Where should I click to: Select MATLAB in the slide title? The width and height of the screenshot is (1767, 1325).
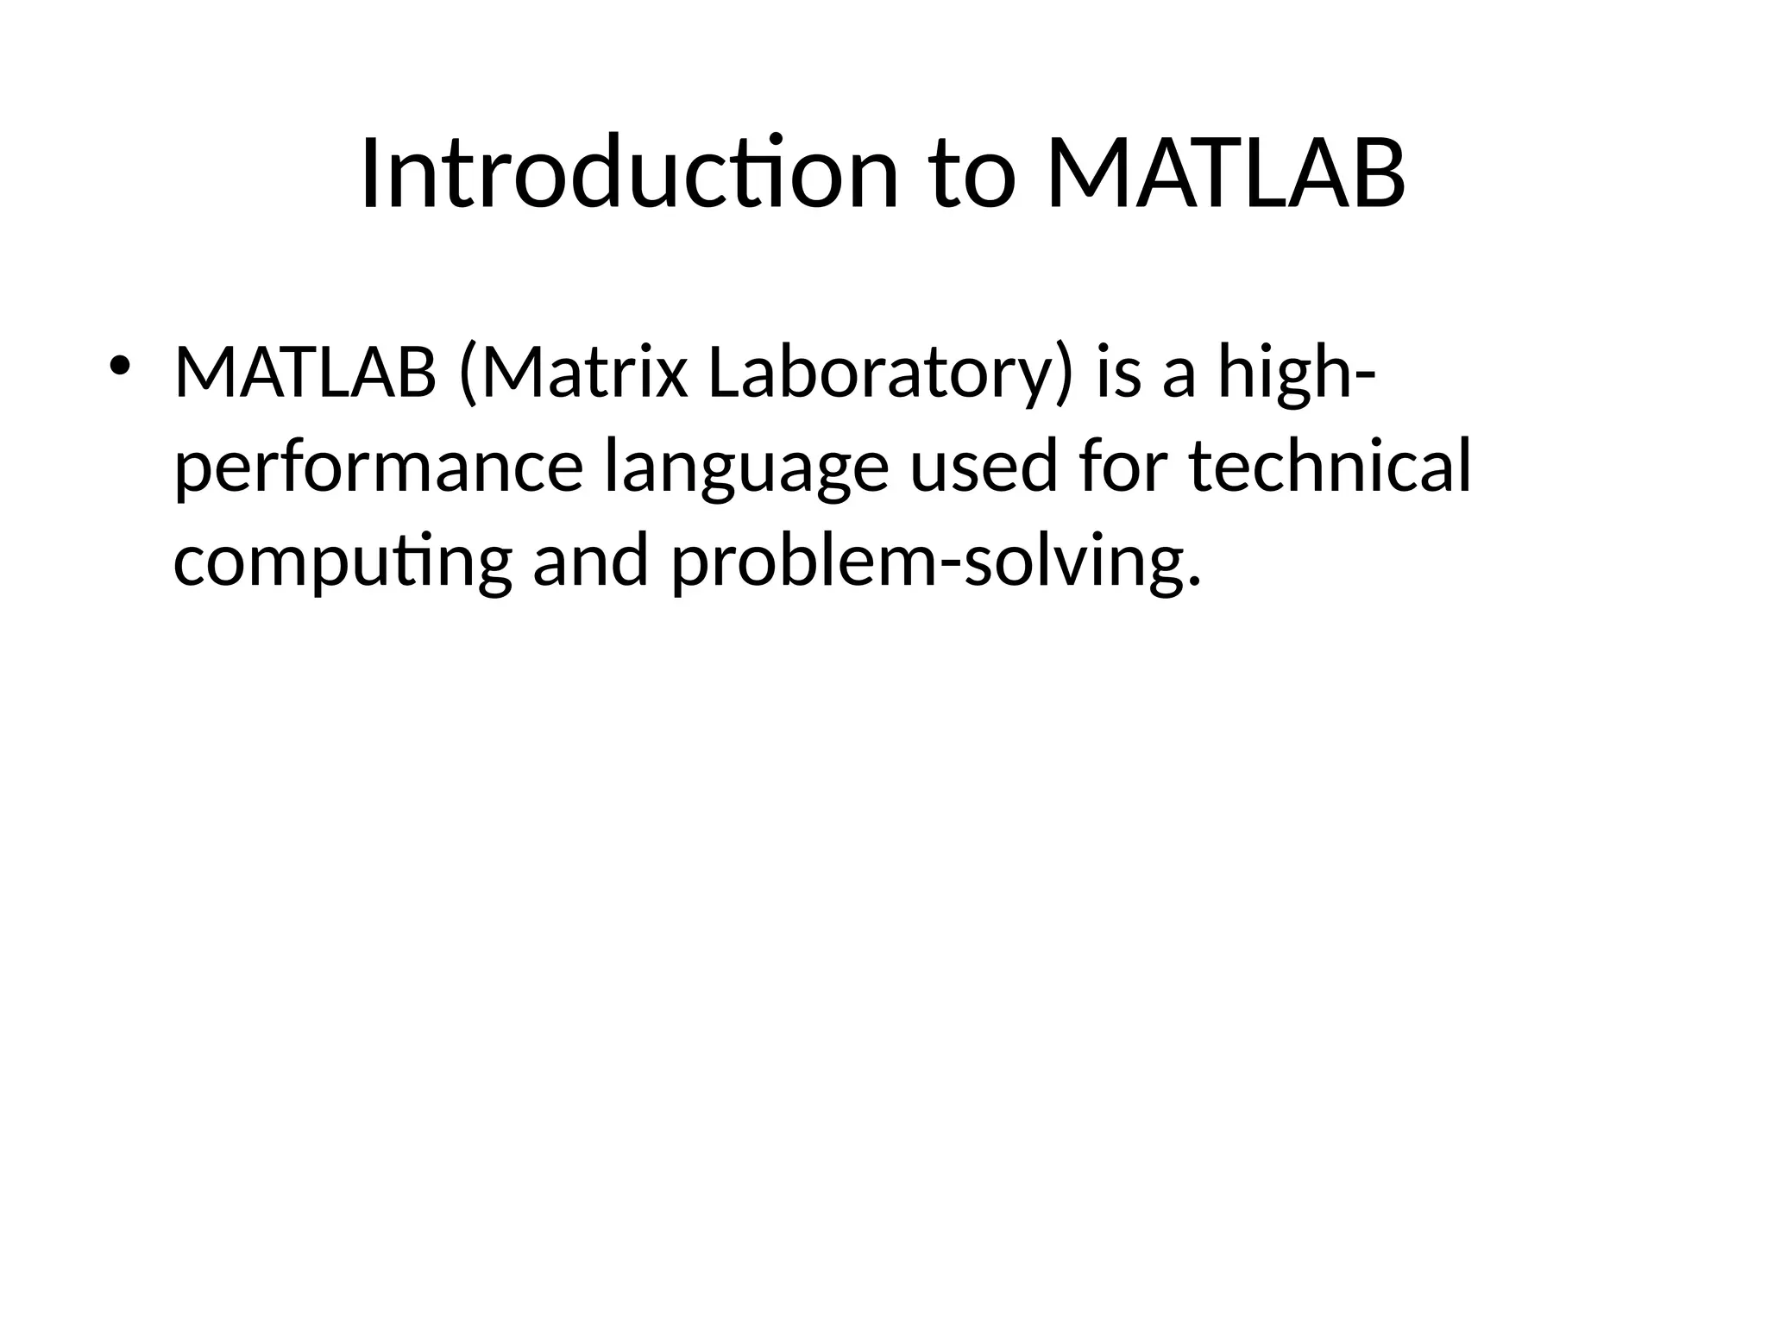[x=1225, y=174]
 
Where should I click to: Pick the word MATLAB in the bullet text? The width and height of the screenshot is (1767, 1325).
[x=305, y=374]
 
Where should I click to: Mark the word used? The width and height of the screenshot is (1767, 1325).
[x=983, y=467]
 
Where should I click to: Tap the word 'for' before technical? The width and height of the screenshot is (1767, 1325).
[x=1122, y=467]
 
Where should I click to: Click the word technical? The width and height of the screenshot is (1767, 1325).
[x=1329, y=467]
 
